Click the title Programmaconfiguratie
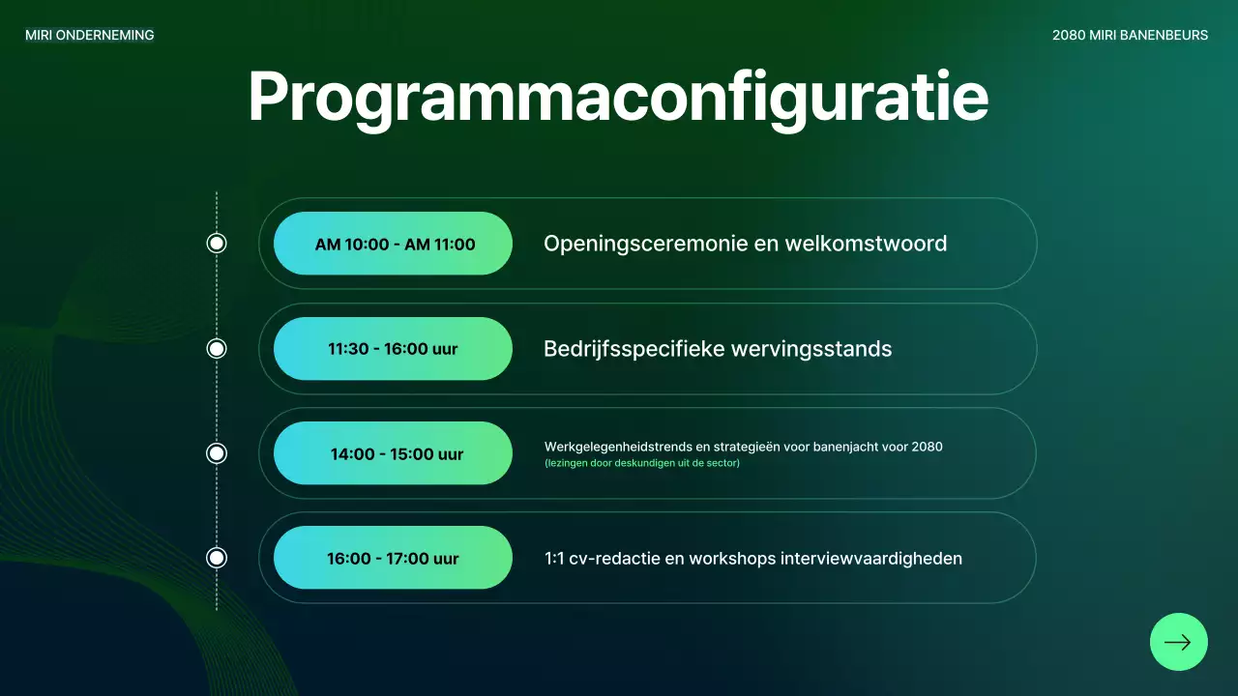coord(618,99)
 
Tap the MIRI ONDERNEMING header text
coord(90,36)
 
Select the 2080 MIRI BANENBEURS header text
coord(1130,36)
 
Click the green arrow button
coord(1178,642)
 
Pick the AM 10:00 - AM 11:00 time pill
coord(393,244)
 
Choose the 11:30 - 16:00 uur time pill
coord(393,349)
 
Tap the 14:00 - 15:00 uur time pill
coord(393,453)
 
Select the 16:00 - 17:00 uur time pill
coord(393,558)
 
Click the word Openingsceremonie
coord(645,245)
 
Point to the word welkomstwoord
coord(866,244)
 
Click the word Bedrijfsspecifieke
coord(634,350)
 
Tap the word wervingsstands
coord(811,350)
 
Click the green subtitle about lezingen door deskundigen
coord(642,463)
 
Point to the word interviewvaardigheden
coord(871,559)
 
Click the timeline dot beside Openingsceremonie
coord(217,244)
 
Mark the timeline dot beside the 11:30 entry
coord(217,349)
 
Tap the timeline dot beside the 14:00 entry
coord(217,453)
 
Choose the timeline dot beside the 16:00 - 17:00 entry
coord(217,558)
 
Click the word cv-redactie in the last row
coord(613,559)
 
